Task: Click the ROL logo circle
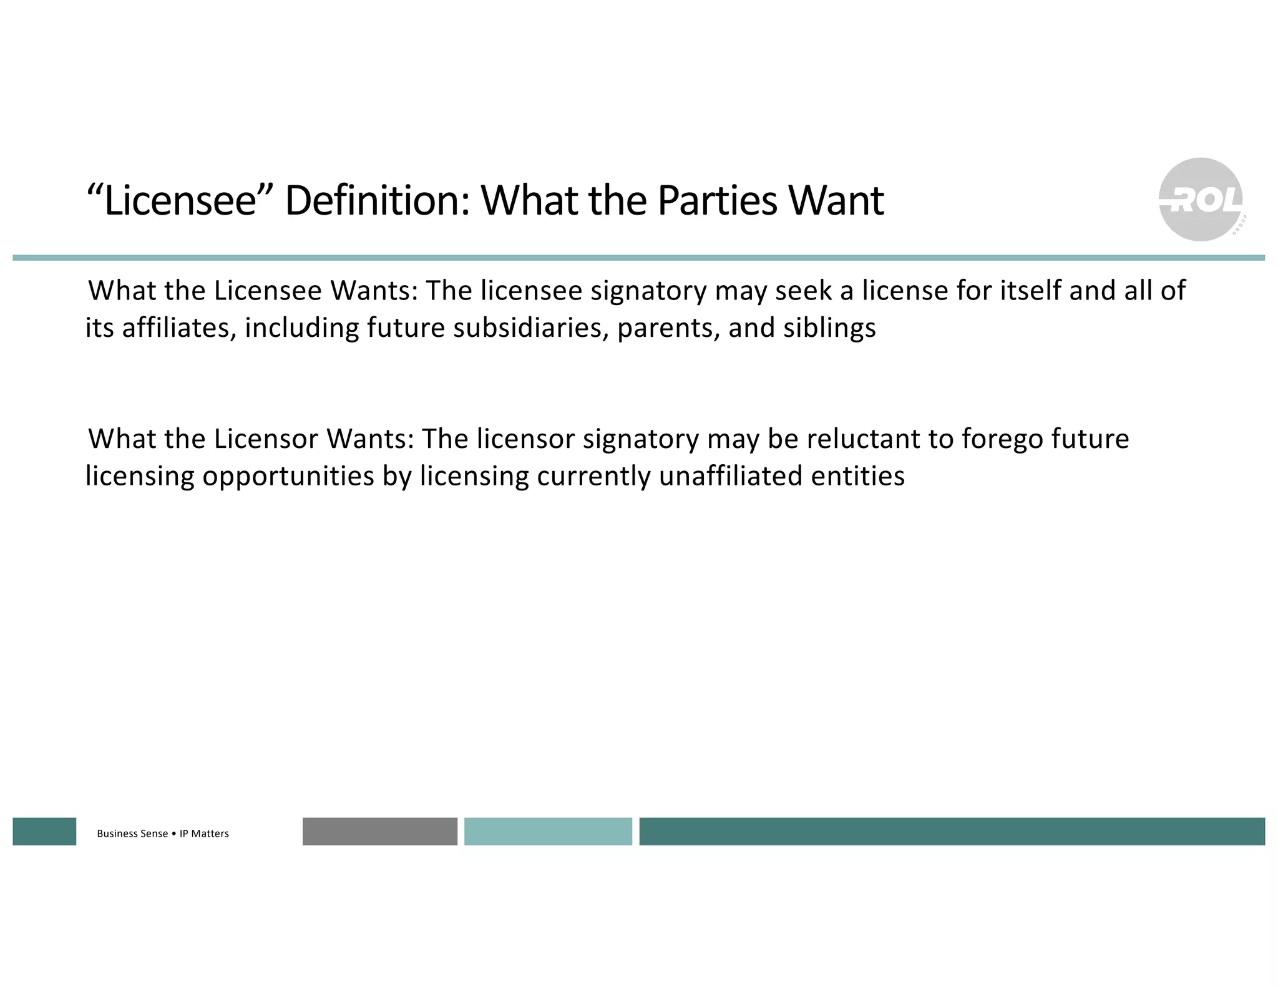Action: (x=1200, y=200)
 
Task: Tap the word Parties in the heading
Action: (x=718, y=201)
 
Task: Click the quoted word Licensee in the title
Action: (x=180, y=201)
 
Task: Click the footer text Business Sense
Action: (x=132, y=834)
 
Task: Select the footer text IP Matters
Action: (x=204, y=834)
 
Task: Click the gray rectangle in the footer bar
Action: (x=379, y=832)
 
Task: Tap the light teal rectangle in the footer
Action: (x=548, y=832)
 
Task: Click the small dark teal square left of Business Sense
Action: (x=44, y=832)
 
